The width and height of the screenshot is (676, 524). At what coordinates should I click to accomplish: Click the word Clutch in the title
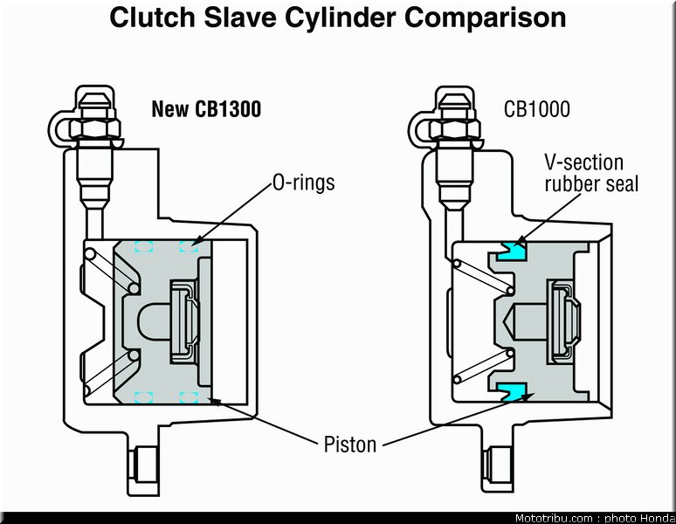pos(154,17)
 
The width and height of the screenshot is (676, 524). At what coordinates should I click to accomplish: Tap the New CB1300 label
pos(206,108)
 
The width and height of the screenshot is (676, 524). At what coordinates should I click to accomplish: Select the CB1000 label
pos(537,109)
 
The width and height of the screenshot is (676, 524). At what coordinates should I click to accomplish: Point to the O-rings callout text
pos(304,183)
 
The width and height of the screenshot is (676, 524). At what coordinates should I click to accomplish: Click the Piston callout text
pos(350,445)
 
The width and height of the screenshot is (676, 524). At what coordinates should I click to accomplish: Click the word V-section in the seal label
pos(583,163)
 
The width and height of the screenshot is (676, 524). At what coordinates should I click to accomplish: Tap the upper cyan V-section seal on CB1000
pos(512,252)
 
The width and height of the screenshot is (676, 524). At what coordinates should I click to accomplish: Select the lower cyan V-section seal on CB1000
pos(512,391)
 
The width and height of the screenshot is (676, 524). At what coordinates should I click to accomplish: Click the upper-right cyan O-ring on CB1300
pos(189,246)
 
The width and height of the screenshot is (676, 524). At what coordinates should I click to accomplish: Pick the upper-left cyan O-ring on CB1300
pos(143,246)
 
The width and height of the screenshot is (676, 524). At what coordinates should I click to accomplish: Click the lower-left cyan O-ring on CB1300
pos(143,397)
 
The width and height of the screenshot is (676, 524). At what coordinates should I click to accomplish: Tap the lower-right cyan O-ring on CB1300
pos(189,397)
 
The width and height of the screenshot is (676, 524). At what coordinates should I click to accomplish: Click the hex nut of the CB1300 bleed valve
pos(95,128)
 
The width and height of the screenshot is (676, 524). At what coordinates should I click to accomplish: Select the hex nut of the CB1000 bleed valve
pos(455,129)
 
